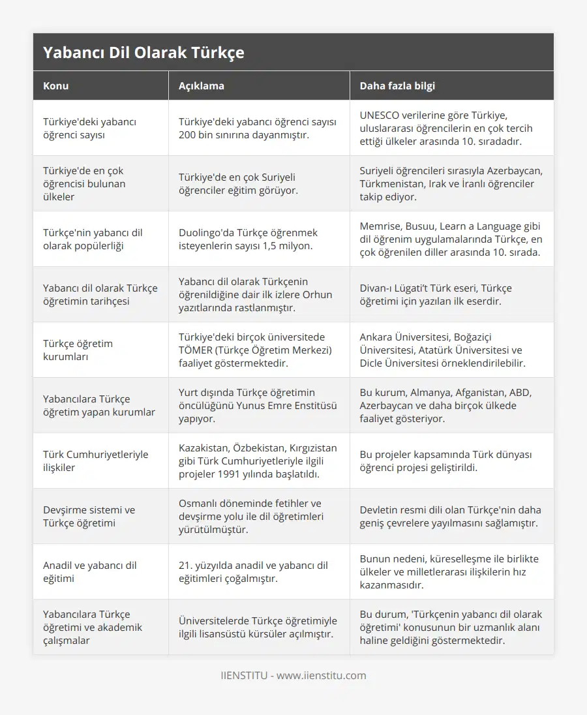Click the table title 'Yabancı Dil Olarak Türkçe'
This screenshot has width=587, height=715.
coord(143,53)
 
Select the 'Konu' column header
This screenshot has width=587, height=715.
coord(55,86)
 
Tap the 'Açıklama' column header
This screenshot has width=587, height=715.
coord(201,86)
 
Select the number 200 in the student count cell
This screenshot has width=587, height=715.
coord(188,134)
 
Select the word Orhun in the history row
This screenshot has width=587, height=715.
coord(317,294)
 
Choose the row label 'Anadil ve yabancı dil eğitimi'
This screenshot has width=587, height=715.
coord(89,571)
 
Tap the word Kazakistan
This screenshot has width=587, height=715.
coord(203,448)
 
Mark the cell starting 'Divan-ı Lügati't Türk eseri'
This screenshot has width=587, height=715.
coord(436,294)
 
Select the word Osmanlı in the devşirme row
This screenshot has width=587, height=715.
coord(197,503)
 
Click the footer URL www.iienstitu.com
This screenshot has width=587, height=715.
coord(321,675)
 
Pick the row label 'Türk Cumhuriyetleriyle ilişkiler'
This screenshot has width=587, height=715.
coord(95,461)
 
